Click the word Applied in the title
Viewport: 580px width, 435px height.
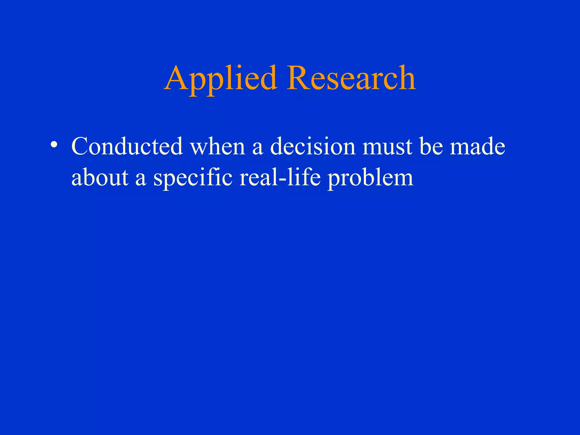[x=220, y=79]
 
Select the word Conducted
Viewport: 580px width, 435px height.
[x=127, y=146]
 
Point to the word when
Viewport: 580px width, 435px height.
[x=217, y=146]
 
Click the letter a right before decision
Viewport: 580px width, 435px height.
[x=257, y=149]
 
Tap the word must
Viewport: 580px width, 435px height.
[x=387, y=147]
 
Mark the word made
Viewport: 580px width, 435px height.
[x=477, y=146]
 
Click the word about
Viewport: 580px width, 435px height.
[x=100, y=178]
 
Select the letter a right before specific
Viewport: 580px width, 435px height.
[x=141, y=180]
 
